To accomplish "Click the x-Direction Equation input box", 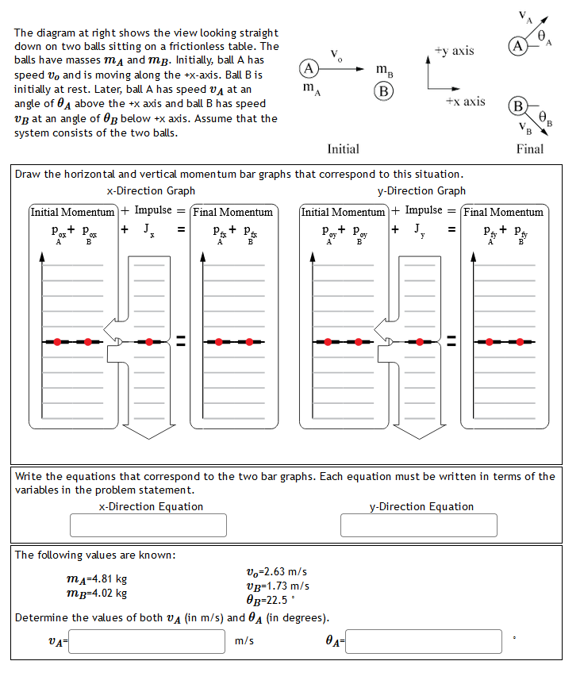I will point(148,525).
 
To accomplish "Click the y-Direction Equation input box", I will point(419,525).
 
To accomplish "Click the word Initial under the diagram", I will point(343,148).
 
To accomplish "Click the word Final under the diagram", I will point(529,148).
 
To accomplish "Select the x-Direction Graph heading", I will point(151,190).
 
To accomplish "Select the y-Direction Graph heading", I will point(422,190).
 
